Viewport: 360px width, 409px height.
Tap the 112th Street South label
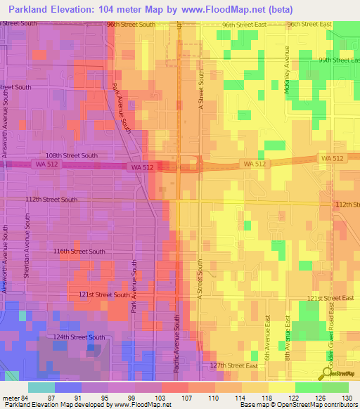[x=52, y=200]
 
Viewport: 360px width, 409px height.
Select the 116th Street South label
[x=79, y=251]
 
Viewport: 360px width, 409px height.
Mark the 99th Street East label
[x=338, y=60]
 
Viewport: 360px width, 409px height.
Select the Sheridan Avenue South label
[x=25, y=250]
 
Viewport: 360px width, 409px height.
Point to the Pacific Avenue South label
[x=178, y=342]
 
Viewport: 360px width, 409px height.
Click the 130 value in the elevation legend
[x=347, y=397]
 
